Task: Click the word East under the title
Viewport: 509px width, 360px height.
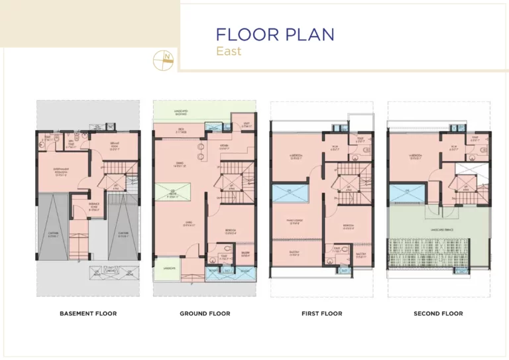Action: click(229, 51)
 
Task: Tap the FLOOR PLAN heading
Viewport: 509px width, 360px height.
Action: click(275, 34)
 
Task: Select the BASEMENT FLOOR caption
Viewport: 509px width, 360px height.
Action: click(88, 314)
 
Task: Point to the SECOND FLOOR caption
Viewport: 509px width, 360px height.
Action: click(438, 314)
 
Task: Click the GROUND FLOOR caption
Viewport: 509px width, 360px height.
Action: click(205, 314)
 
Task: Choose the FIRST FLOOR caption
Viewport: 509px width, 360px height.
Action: click(321, 314)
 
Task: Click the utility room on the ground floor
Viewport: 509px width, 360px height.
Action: click(245, 123)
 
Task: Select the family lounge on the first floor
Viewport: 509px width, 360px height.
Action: click(296, 222)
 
